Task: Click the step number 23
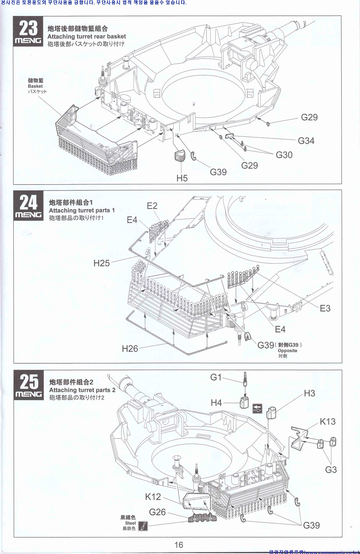[x=28, y=28]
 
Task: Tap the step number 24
[x=28, y=203]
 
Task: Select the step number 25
[x=28, y=382]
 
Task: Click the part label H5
[x=182, y=178]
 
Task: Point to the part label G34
[x=306, y=141]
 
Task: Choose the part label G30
[x=284, y=155]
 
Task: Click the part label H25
[x=101, y=263]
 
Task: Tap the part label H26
[x=130, y=349]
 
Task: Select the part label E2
[x=152, y=206]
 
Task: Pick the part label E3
[x=325, y=308]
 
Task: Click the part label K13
[x=327, y=421]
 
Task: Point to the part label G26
[x=157, y=512]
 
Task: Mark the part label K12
[x=153, y=497]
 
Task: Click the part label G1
[x=216, y=377]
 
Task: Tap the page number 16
[x=179, y=545]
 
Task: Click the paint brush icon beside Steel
[x=143, y=526]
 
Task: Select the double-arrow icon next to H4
[x=257, y=409]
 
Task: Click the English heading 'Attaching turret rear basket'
[x=86, y=37]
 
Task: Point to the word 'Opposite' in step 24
[x=287, y=351]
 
